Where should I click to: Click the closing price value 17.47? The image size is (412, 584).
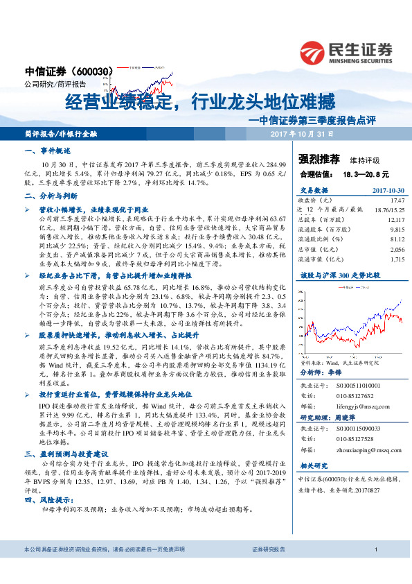point(396,199)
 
